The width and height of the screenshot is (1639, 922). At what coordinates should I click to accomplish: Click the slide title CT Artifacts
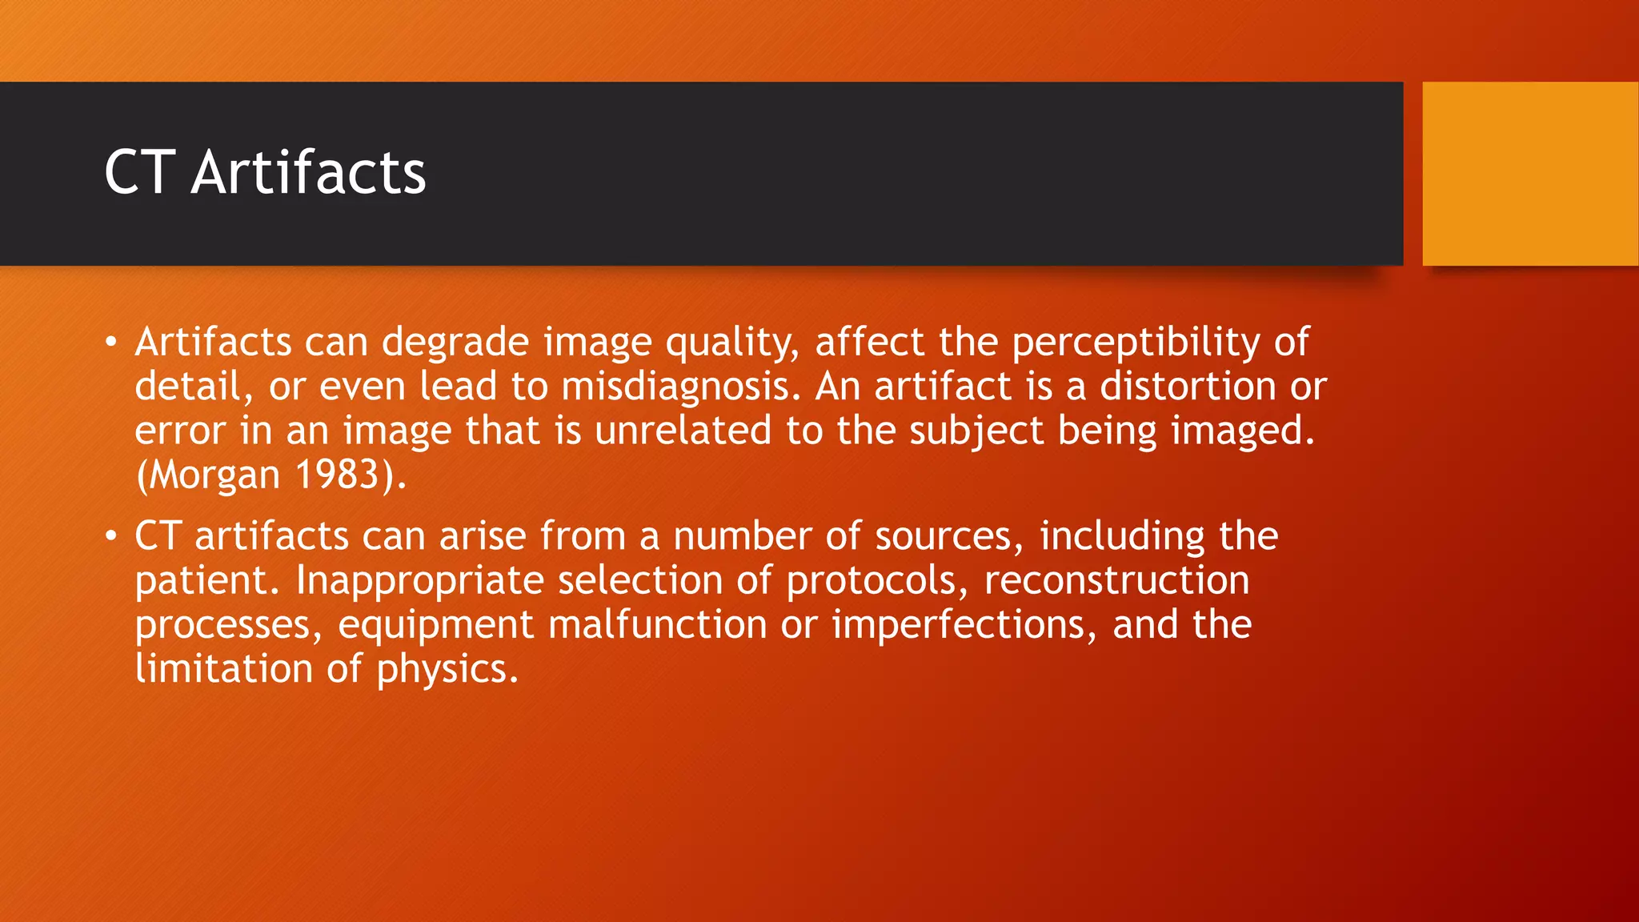tap(265, 172)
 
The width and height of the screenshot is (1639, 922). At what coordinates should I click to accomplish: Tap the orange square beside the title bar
tap(1529, 174)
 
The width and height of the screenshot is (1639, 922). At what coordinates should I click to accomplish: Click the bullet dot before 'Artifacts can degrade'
tap(111, 343)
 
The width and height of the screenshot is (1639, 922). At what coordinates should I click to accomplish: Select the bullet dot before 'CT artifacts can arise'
tap(111, 536)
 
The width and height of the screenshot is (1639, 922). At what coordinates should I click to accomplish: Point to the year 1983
tap(337, 475)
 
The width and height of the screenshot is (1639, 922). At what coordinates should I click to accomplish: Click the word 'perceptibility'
tap(1136, 343)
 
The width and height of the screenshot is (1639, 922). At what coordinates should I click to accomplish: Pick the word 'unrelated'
tap(683, 431)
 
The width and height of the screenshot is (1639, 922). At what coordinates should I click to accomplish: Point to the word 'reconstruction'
tap(1116, 580)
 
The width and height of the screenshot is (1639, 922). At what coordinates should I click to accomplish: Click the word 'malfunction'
tap(657, 624)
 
